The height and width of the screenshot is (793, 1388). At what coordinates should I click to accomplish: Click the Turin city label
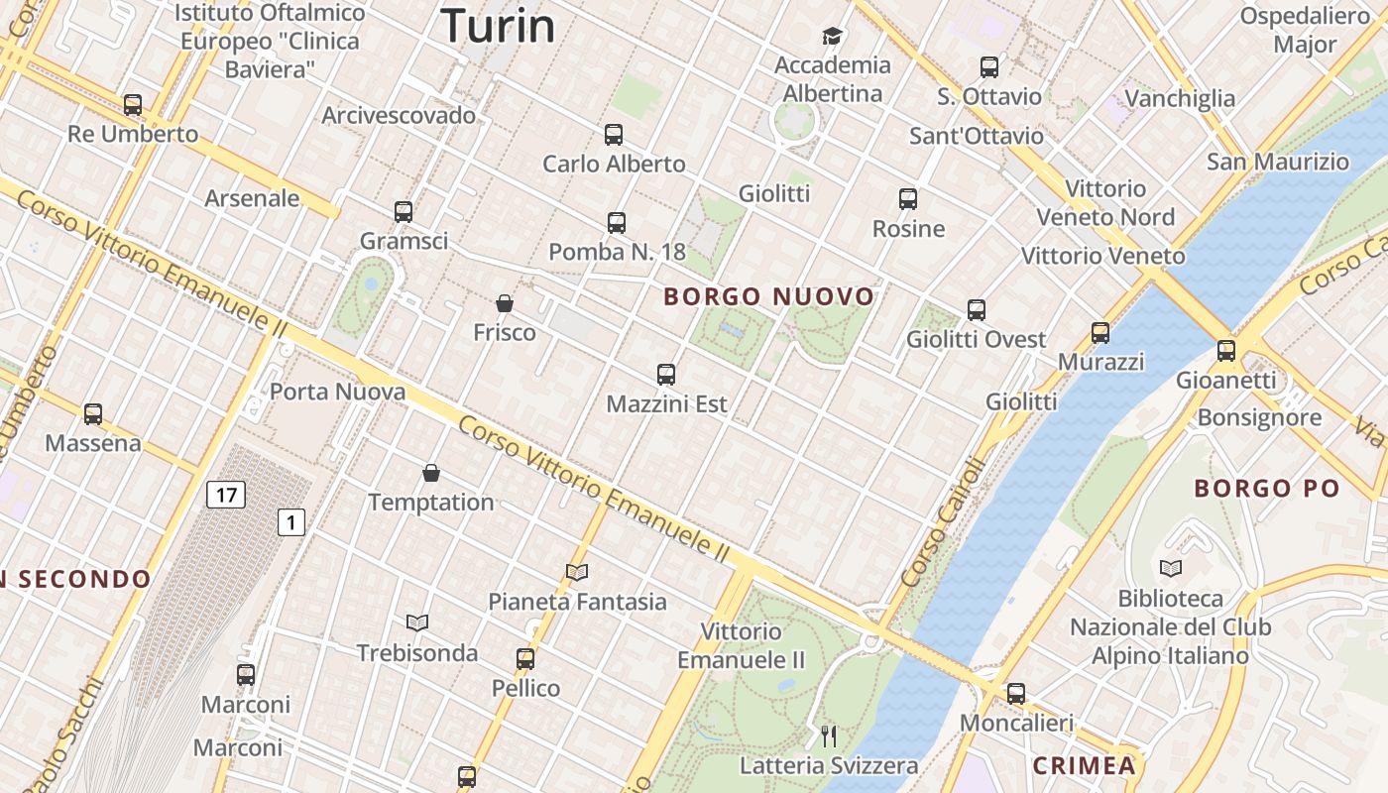pyautogui.click(x=498, y=25)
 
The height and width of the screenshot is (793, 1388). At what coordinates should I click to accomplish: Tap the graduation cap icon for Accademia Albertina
pyautogui.click(x=832, y=37)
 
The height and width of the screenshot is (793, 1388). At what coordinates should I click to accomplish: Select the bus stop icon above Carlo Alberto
pyautogui.click(x=614, y=135)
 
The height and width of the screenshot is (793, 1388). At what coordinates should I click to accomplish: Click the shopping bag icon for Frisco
pyautogui.click(x=505, y=303)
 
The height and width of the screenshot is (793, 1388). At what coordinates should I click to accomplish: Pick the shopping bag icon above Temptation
pyautogui.click(x=431, y=473)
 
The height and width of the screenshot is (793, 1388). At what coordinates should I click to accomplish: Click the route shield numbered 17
pyautogui.click(x=226, y=494)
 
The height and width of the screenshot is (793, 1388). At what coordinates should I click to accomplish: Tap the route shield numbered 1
pyautogui.click(x=290, y=521)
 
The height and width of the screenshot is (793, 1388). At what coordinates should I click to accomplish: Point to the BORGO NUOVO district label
pyautogui.click(x=769, y=296)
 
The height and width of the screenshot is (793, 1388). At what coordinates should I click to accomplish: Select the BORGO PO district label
pyautogui.click(x=1266, y=488)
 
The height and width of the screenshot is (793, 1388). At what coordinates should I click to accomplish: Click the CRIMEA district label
pyautogui.click(x=1084, y=765)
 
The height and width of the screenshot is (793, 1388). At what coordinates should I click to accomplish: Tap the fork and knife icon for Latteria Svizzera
pyautogui.click(x=829, y=736)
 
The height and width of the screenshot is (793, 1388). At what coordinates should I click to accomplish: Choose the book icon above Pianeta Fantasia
pyautogui.click(x=577, y=572)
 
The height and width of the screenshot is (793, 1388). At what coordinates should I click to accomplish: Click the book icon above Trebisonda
pyautogui.click(x=417, y=623)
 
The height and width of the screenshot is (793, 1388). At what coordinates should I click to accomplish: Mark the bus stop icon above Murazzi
pyautogui.click(x=1100, y=333)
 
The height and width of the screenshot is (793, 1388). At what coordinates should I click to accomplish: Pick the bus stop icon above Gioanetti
pyautogui.click(x=1226, y=350)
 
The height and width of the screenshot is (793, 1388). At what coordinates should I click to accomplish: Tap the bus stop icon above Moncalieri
pyautogui.click(x=1016, y=694)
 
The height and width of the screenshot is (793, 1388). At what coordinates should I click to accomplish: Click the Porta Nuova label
pyautogui.click(x=337, y=392)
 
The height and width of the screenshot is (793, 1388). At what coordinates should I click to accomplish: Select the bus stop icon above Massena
pyautogui.click(x=93, y=414)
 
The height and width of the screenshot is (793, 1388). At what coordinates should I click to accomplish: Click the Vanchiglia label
pyautogui.click(x=1180, y=98)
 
